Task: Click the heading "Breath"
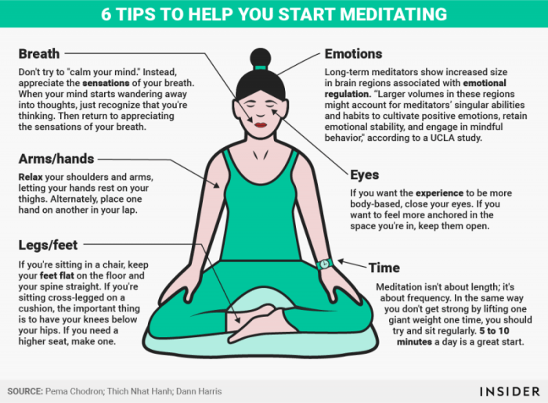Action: point(39,54)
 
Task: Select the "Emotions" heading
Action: point(354,54)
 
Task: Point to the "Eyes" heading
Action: point(365,175)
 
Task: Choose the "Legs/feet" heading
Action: point(48,245)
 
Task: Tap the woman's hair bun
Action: point(261,57)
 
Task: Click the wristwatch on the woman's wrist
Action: point(325,264)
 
